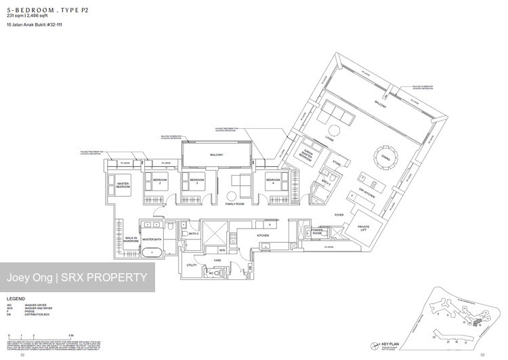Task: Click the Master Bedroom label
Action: (122, 185)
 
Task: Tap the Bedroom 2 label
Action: (160, 182)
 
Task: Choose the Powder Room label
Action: (316, 233)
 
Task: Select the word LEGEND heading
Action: (16, 298)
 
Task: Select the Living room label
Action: (329, 139)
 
